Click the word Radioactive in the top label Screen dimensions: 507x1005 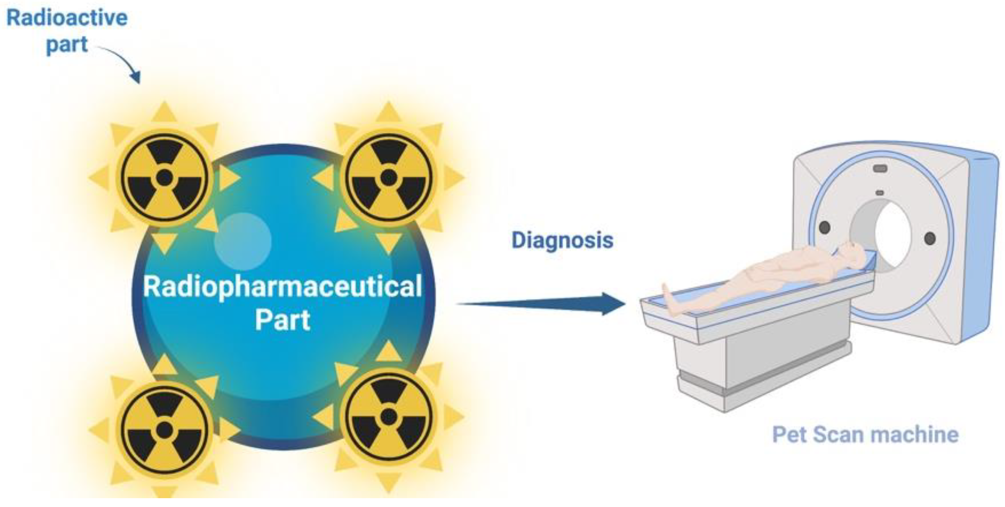tap(67, 18)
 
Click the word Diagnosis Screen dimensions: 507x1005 tap(562, 240)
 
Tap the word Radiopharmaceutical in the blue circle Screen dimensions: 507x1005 tap(282, 287)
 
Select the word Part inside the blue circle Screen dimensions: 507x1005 tap(282, 320)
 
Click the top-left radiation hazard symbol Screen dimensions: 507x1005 tap(165, 177)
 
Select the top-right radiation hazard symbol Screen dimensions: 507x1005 tap(388, 177)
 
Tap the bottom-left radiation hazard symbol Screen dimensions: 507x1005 tap(165, 430)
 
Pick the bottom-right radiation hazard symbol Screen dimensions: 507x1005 tap(388, 416)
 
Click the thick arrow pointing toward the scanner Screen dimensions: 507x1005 tap(546, 304)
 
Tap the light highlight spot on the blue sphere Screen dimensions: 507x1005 tap(243, 241)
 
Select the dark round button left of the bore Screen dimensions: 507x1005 tap(824, 227)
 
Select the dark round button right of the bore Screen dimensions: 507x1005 tap(930, 238)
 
